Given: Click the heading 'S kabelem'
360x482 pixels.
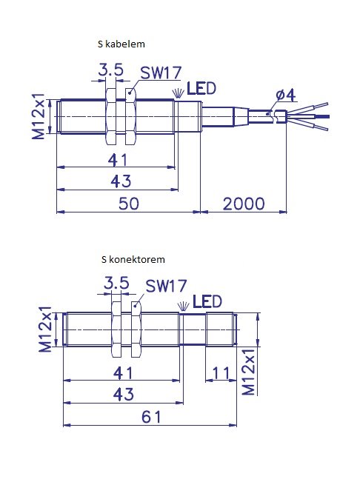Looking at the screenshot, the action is click(x=121, y=44).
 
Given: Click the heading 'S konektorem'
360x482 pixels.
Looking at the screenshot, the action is click(x=133, y=259).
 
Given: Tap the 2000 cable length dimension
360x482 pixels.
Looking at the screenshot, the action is click(x=244, y=204).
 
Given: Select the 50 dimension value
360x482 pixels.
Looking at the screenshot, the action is click(x=128, y=204).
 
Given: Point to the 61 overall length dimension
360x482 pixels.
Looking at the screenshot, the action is click(x=151, y=417).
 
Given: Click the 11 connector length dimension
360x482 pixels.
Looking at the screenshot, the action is click(x=221, y=373).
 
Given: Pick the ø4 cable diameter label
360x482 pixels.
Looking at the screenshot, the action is click(x=285, y=95).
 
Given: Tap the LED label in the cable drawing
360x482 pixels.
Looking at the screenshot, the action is click(x=201, y=89).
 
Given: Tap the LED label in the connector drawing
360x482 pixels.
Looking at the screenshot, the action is click(x=207, y=301).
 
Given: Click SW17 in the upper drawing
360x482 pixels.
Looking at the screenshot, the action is click(x=161, y=73).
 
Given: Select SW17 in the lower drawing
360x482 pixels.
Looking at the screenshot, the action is click(x=166, y=286).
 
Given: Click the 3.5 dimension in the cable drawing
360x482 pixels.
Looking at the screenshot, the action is click(x=110, y=70).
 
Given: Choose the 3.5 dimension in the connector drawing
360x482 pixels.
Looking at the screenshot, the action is click(x=116, y=283).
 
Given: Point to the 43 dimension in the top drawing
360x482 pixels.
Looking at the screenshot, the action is click(x=121, y=181).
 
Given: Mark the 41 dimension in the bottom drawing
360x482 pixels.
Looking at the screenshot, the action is click(x=123, y=373).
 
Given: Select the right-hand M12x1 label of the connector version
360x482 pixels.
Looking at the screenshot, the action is click(x=249, y=372).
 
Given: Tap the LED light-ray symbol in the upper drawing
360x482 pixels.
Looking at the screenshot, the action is click(x=178, y=93).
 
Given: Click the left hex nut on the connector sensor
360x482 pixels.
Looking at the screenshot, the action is click(x=116, y=329).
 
